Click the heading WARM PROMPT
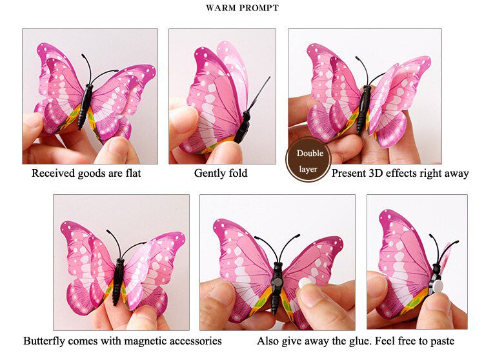click(x=242, y=8)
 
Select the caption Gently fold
click(x=221, y=174)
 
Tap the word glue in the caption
click(x=343, y=341)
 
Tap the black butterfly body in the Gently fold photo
click(x=243, y=126)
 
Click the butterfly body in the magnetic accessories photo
click(x=118, y=281)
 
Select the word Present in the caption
click(x=348, y=174)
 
